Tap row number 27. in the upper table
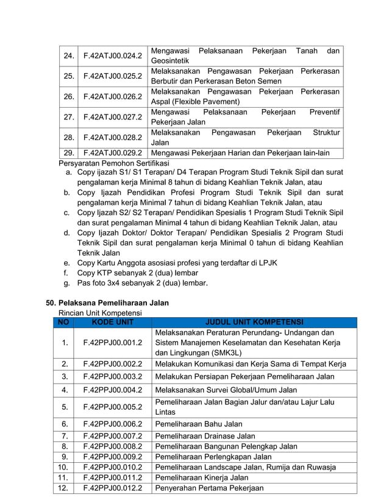[x=69, y=117]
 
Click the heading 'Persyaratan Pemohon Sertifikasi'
[x=113, y=163]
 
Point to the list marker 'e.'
[x=66, y=263]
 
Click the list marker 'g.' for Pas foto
[x=66, y=283]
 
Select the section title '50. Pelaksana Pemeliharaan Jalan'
[x=108, y=303]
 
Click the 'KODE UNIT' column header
[x=112, y=322]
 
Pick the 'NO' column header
[x=63, y=322]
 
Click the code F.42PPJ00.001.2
[x=112, y=343]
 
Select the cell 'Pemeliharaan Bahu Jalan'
[x=199, y=424]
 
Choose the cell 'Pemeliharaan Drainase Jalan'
[x=205, y=436]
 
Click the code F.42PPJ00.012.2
[x=112, y=488]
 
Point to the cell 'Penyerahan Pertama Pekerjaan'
[x=209, y=488]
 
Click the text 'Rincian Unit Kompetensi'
[x=100, y=312]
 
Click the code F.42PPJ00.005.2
[x=112, y=407]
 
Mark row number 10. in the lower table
[x=63, y=467]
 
